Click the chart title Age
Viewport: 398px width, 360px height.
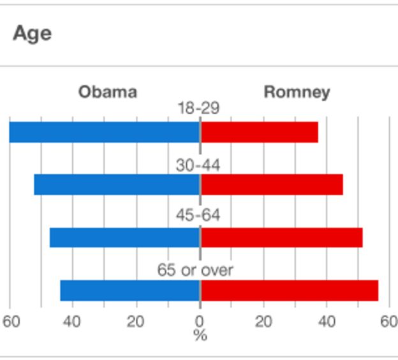coord(32,33)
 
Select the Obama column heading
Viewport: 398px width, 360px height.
coord(107,92)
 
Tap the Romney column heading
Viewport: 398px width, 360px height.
coord(297,92)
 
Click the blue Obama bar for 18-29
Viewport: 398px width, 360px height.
coord(105,132)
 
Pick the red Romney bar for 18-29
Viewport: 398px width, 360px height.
coord(259,132)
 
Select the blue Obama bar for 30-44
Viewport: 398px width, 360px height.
coord(117,184)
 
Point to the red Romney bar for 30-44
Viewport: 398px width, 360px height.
coord(272,184)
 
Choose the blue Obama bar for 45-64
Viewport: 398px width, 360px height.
coord(125,237)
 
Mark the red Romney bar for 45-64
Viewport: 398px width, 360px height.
coord(281,237)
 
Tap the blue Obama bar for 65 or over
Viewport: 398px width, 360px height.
coord(130,290)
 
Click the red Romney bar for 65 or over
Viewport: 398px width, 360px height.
coord(289,290)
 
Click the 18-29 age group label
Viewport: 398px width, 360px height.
coord(198,109)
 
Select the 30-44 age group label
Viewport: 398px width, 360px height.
coord(198,165)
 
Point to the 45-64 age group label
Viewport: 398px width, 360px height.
coord(198,215)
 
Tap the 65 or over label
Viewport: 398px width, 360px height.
coord(195,270)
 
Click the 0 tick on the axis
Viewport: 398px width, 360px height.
coord(200,320)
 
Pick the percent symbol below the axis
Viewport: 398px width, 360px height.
coord(200,335)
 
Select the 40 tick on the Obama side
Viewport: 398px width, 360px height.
coord(72,320)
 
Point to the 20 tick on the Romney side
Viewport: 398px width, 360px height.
coord(263,320)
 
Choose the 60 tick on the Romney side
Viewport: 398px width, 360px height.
coord(388,320)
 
